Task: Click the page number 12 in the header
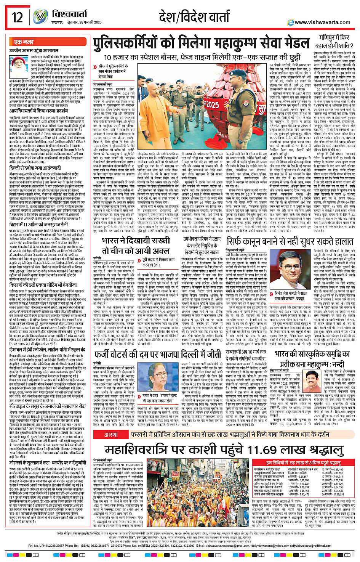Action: (x=18, y=17)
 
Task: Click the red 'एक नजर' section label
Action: (x=24, y=42)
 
